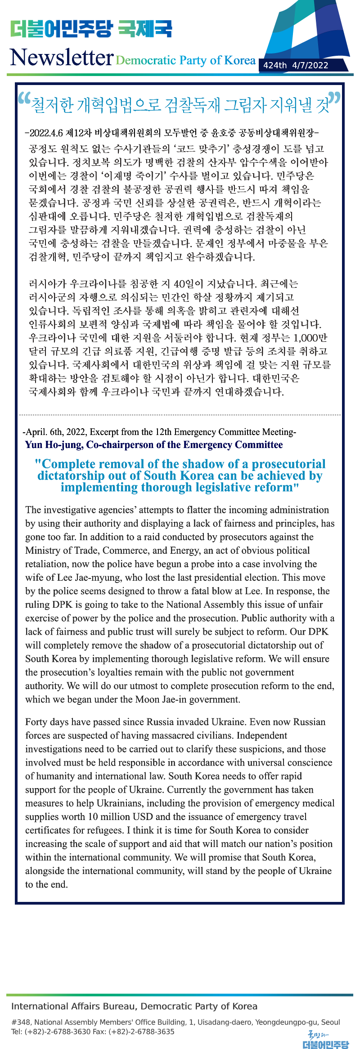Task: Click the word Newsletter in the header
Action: pos(62,58)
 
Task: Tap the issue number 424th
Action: pos(275,65)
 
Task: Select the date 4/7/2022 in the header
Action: pos(310,65)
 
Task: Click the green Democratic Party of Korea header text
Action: pos(185,60)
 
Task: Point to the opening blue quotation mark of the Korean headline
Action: pos(24,99)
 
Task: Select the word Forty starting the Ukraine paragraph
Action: pos(36,722)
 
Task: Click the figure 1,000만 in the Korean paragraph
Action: pos(310,338)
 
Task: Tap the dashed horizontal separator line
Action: pos(180,414)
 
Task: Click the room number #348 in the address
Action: pos(21,1022)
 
